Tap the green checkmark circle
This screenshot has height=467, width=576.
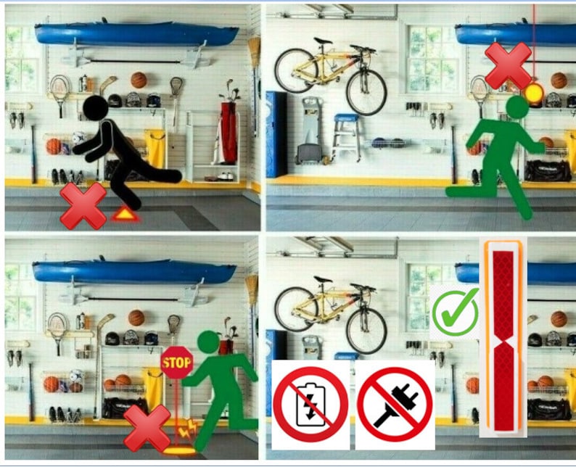(x=455, y=312)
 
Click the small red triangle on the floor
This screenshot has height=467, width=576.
(x=124, y=214)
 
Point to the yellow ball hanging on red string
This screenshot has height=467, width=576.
(x=535, y=92)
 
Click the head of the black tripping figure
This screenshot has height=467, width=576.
(x=94, y=109)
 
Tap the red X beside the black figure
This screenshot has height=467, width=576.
(x=83, y=205)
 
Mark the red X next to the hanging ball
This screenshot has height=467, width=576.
(x=508, y=65)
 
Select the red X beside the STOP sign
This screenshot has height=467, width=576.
(x=147, y=428)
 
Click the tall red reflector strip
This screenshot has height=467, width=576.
(x=502, y=341)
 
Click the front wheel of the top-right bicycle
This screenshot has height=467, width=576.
(x=366, y=91)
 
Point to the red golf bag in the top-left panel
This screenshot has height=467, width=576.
(x=229, y=134)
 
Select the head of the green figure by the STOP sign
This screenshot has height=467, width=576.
(x=207, y=342)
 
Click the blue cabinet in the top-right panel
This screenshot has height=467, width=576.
(x=276, y=134)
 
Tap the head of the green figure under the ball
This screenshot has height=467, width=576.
(x=517, y=107)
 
